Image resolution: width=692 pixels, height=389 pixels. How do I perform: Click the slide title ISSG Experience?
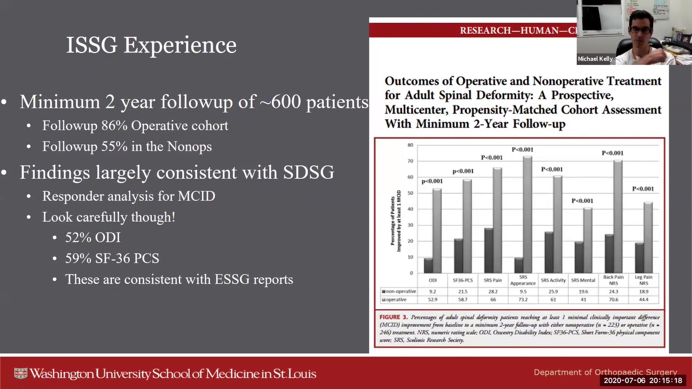pyautogui.click(x=151, y=45)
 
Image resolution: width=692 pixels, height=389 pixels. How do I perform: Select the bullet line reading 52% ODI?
pyautogui.click(x=93, y=238)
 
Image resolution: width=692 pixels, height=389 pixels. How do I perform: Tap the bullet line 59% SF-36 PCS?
pyautogui.click(x=112, y=259)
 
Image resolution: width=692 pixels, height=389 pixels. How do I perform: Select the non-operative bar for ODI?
pyautogui.click(x=428, y=265)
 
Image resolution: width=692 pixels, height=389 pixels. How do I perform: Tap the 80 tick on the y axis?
pyautogui.click(x=410, y=145)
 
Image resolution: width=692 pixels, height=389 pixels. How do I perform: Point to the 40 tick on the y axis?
pyautogui.click(x=410, y=209)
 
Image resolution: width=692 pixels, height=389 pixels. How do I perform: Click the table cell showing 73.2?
pyautogui.click(x=522, y=299)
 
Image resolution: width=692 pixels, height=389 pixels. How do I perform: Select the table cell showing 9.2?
pyautogui.click(x=432, y=292)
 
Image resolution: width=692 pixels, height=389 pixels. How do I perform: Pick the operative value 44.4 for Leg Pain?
pyautogui.click(x=643, y=299)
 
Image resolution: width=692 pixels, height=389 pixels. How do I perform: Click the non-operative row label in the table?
pyautogui.click(x=400, y=292)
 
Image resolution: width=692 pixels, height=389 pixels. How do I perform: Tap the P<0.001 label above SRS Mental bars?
pyautogui.click(x=582, y=201)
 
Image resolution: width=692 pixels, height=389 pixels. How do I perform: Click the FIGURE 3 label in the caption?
pyautogui.click(x=393, y=317)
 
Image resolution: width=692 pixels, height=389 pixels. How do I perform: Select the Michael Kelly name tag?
pyautogui.click(x=595, y=59)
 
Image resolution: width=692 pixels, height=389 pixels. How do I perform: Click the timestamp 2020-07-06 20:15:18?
pyautogui.click(x=643, y=381)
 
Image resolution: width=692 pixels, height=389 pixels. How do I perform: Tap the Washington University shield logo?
pyautogui.click(x=21, y=374)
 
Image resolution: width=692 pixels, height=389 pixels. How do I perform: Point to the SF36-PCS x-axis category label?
pyautogui.click(x=463, y=280)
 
